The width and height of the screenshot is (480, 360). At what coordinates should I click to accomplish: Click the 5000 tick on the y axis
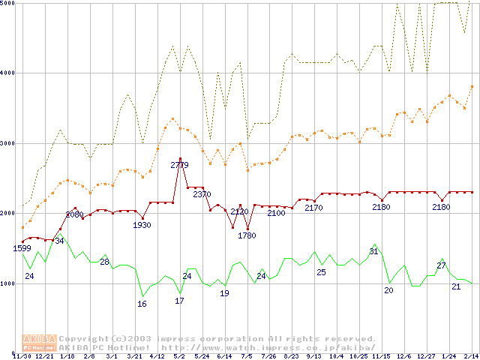(x=8, y=3)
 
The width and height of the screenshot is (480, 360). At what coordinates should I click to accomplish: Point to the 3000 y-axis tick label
(x=8, y=142)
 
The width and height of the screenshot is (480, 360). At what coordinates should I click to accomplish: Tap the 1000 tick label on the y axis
(x=8, y=283)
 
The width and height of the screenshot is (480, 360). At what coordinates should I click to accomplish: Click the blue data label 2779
(x=179, y=165)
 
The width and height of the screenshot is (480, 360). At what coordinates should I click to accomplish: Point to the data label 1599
(x=22, y=248)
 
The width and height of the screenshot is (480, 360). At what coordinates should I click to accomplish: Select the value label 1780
(x=247, y=235)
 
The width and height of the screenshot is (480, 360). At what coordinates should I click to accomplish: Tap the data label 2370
(x=202, y=195)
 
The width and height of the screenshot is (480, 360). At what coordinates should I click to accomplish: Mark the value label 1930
(x=142, y=225)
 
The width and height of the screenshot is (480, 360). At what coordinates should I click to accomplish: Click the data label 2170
(x=313, y=208)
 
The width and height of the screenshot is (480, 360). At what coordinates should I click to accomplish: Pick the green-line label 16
(x=142, y=304)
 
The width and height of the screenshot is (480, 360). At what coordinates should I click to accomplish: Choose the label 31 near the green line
(x=373, y=251)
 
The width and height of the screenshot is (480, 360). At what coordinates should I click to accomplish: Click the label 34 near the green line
(x=59, y=241)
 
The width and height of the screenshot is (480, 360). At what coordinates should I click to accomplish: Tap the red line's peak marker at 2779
(x=180, y=159)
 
